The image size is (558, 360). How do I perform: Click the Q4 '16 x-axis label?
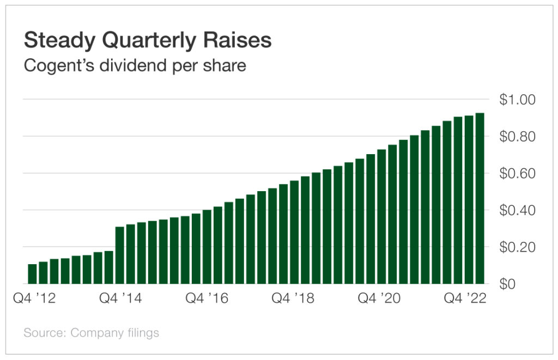207,298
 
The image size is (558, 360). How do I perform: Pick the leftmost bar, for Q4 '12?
32,274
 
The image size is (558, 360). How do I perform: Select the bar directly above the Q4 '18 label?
294,234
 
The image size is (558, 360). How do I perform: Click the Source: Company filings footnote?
91,332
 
